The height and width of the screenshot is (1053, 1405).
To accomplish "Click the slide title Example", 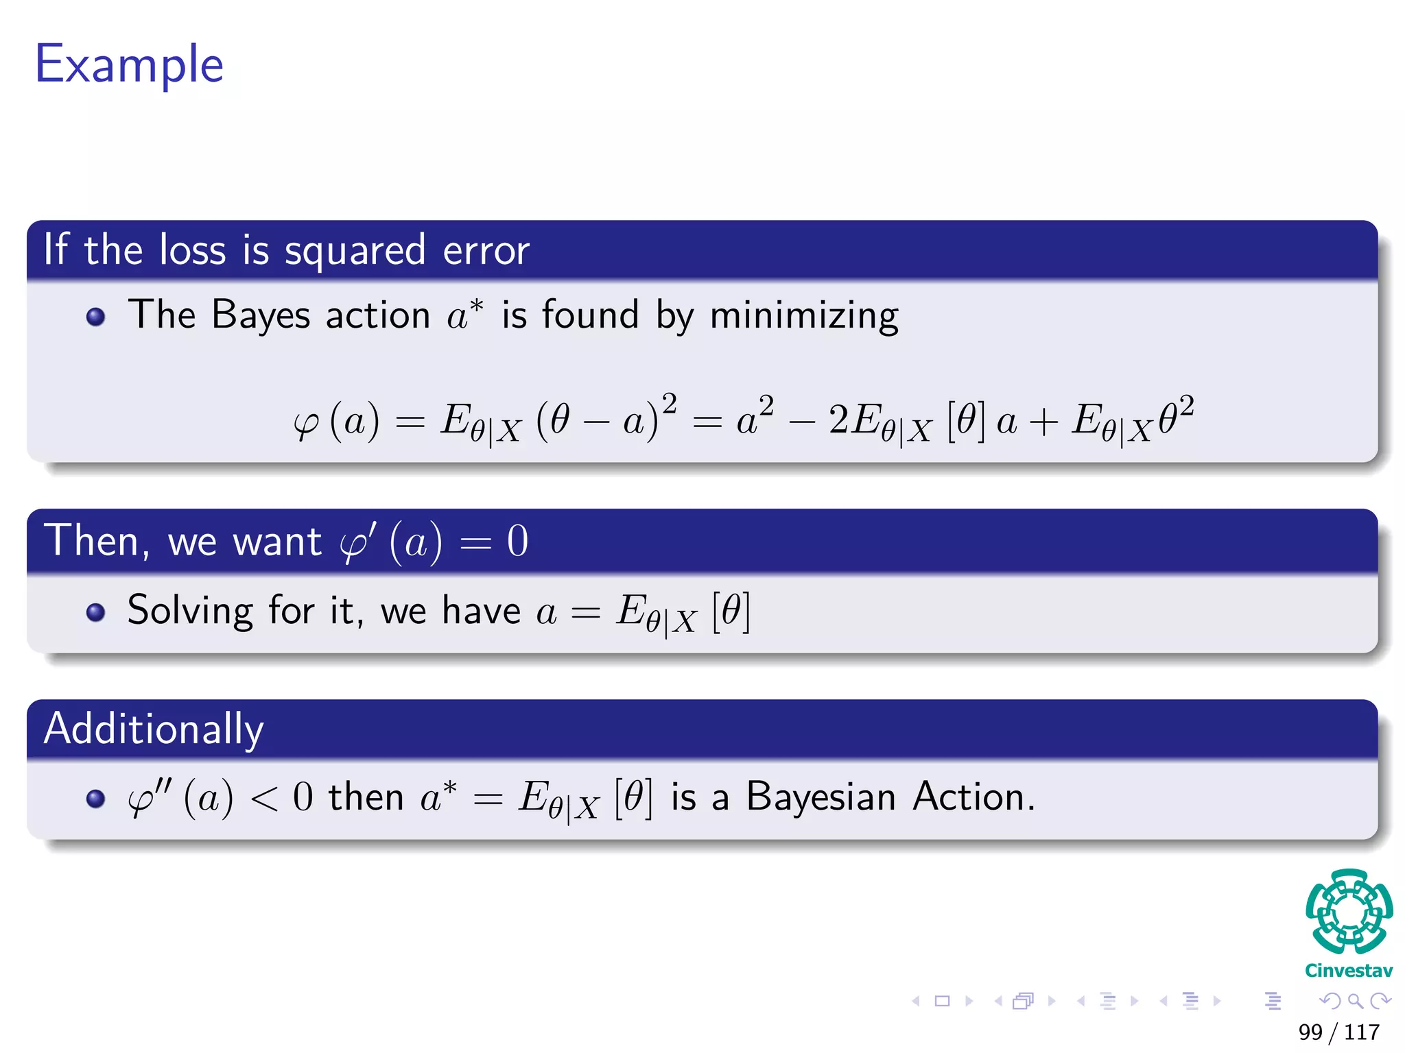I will tap(129, 65).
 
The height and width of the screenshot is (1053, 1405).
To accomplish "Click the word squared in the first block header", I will tap(355, 251).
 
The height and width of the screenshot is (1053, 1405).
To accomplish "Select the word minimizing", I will tap(803, 316).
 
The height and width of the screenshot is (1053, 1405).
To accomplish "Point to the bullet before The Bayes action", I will tap(96, 317).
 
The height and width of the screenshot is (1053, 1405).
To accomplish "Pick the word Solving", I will tap(190, 610).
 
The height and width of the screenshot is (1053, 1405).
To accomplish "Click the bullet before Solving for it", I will tap(96, 612).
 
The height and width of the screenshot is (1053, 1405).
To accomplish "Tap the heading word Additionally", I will tap(154, 729).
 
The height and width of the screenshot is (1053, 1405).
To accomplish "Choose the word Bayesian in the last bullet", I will tap(820, 797).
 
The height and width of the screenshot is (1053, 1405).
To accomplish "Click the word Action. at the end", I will tap(973, 797).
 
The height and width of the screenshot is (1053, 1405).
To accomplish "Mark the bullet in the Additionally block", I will tap(96, 799).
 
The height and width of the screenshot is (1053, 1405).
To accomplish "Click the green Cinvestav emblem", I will tap(1349, 911).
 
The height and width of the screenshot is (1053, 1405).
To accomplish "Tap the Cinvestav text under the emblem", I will tap(1348, 971).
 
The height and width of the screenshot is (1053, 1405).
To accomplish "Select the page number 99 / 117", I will tap(1338, 1032).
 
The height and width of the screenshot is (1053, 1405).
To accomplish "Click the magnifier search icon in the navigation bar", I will tap(1355, 1001).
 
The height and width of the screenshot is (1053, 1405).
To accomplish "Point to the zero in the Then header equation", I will tap(517, 542).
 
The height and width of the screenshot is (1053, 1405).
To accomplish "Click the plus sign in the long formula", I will tap(1043, 422).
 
